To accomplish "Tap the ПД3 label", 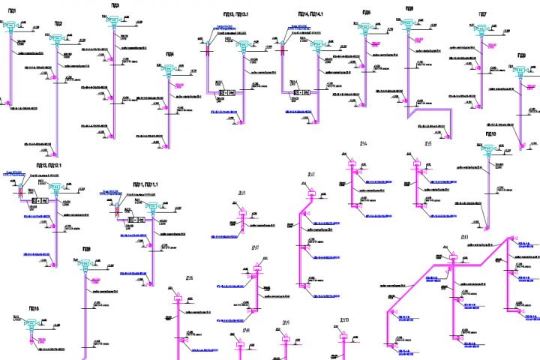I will point(114,4).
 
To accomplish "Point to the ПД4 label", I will point(169,54).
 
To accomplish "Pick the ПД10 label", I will point(491,133).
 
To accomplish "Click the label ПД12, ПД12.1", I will point(48,165).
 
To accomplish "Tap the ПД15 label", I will point(34,308).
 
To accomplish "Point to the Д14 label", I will point(363,144).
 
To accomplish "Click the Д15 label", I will point(427,144).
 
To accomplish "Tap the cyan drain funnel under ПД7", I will point(480,30).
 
